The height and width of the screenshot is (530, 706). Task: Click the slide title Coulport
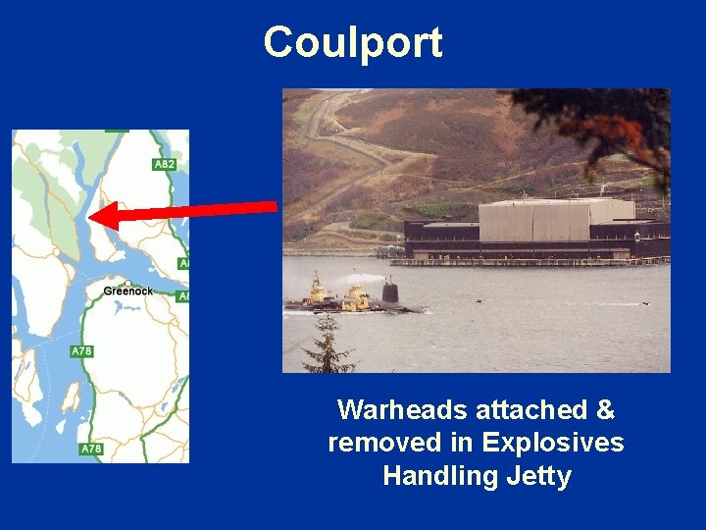tap(352, 42)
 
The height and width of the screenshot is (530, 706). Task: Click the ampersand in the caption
tap(604, 409)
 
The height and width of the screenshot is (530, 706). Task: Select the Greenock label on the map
tap(127, 291)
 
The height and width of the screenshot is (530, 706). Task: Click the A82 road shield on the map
tap(165, 164)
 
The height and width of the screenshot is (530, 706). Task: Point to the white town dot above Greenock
tap(127, 283)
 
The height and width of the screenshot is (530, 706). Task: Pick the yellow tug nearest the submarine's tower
tap(354, 296)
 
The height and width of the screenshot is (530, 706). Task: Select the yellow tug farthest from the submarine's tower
tap(319, 291)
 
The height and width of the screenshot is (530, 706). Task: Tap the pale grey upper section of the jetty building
tap(554, 221)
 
